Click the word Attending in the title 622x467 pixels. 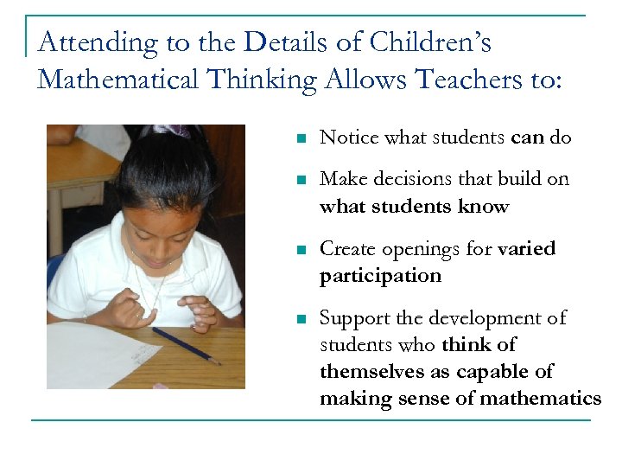click(x=85, y=43)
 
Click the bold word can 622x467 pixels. click(x=528, y=138)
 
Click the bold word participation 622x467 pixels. click(x=380, y=276)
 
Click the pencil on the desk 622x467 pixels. click(x=185, y=345)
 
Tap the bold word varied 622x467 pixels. click(x=527, y=249)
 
